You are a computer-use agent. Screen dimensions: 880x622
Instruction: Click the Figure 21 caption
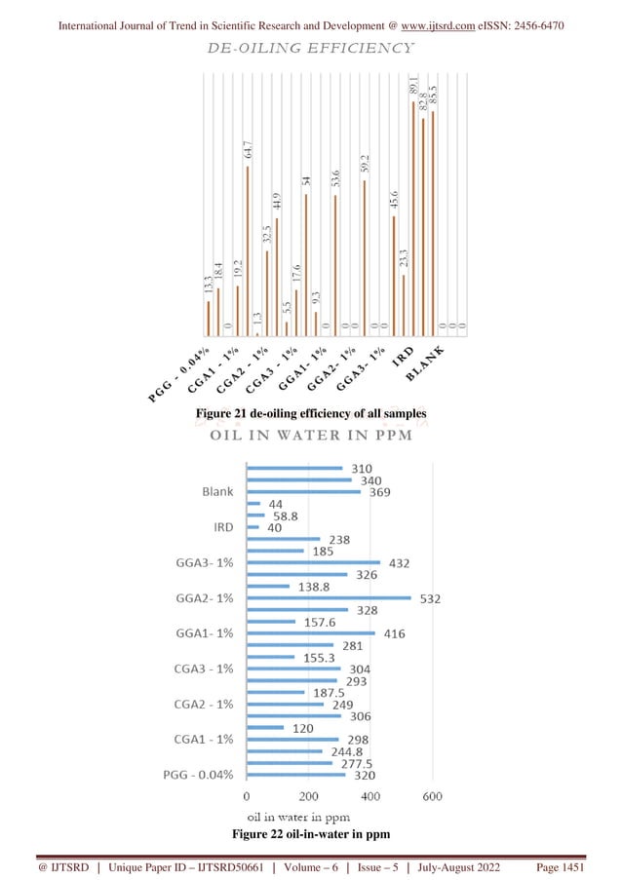[x=311, y=414]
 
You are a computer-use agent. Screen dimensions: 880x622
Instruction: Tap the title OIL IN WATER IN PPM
[x=311, y=435]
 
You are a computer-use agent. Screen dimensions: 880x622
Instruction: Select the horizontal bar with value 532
[x=330, y=597]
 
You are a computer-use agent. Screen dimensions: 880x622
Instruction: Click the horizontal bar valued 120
[x=266, y=727]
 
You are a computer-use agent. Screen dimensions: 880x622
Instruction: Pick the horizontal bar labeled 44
[x=253, y=503]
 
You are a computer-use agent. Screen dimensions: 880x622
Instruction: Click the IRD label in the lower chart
[x=222, y=526]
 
